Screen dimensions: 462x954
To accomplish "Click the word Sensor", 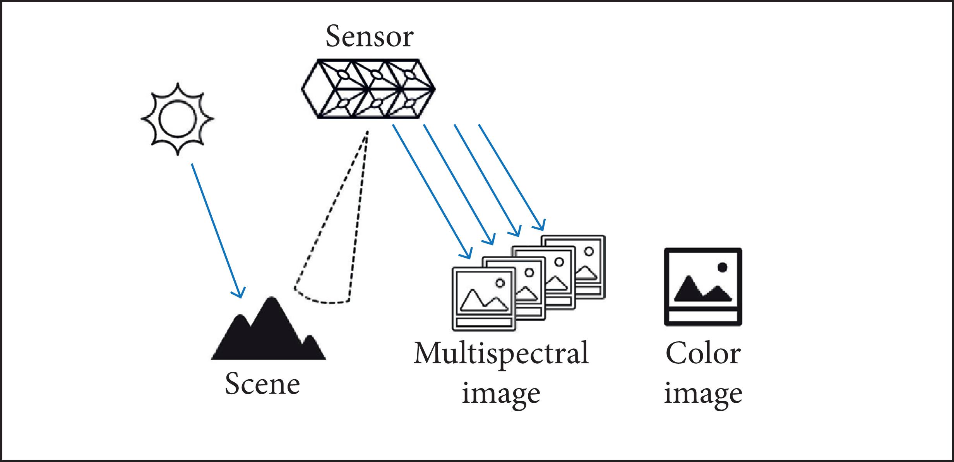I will point(370,37).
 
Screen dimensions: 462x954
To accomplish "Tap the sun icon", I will point(177,118).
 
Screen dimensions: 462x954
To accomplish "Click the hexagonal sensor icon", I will point(368,89).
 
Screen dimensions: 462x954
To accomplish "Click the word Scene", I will point(262,384).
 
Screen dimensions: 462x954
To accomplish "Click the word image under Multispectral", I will point(501,394).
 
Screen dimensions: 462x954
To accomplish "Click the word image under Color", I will point(703,394).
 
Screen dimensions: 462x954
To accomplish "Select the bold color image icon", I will point(703,287).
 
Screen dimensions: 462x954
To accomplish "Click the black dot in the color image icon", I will point(722,267).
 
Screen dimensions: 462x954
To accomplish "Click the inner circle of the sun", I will point(177,118).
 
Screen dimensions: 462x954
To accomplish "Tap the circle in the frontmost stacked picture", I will point(500,283).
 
